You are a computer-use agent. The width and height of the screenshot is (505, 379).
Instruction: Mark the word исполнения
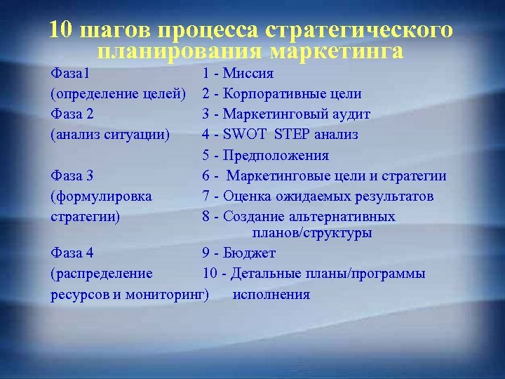pyautogui.click(x=271, y=294)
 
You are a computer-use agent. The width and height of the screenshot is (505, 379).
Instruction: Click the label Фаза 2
pyautogui.click(x=72, y=114)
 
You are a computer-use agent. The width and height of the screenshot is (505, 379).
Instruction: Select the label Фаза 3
pyautogui.click(x=72, y=175)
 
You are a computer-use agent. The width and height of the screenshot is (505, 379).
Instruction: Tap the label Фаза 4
pyautogui.click(x=72, y=253)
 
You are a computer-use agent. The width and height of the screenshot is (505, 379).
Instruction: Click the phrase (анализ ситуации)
pyautogui.click(x=110, y=134)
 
